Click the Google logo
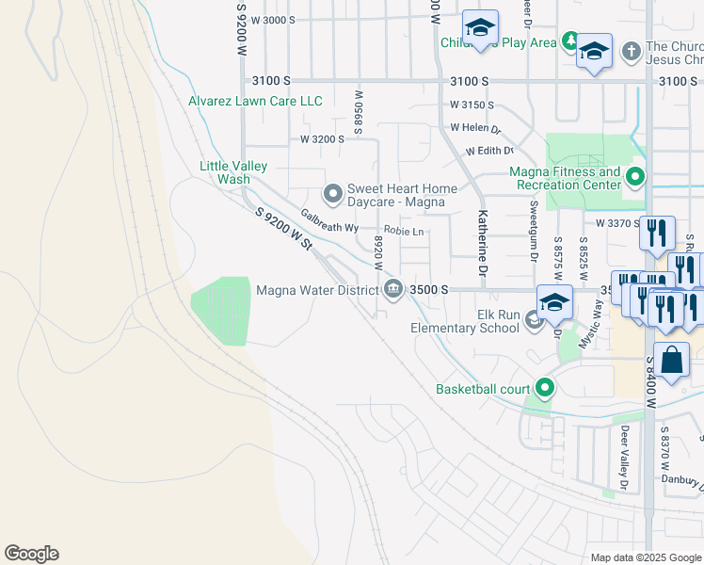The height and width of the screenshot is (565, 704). pos(31,554)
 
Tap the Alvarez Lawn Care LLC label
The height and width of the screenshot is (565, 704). pos(256,102)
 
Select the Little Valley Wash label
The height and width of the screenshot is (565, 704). pos(233,172)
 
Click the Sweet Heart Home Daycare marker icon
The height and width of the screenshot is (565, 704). pos(332,194)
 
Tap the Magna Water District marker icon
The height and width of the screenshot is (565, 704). pos(392,290)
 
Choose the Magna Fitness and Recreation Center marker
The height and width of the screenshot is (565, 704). pos(635,177)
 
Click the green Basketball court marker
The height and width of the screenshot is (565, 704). pos(544,388)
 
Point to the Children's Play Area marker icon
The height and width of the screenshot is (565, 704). pos(570,41)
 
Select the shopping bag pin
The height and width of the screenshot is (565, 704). pos(672,361)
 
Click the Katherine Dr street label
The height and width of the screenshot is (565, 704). pos(482,243)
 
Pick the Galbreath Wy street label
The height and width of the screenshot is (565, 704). pos(329,221)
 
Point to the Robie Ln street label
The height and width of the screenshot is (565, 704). pos(405,231)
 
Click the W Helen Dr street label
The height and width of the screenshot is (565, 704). pos(475,127)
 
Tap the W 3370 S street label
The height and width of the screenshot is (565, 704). pos(618,223)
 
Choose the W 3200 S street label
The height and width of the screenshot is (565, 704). pos(323,138)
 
